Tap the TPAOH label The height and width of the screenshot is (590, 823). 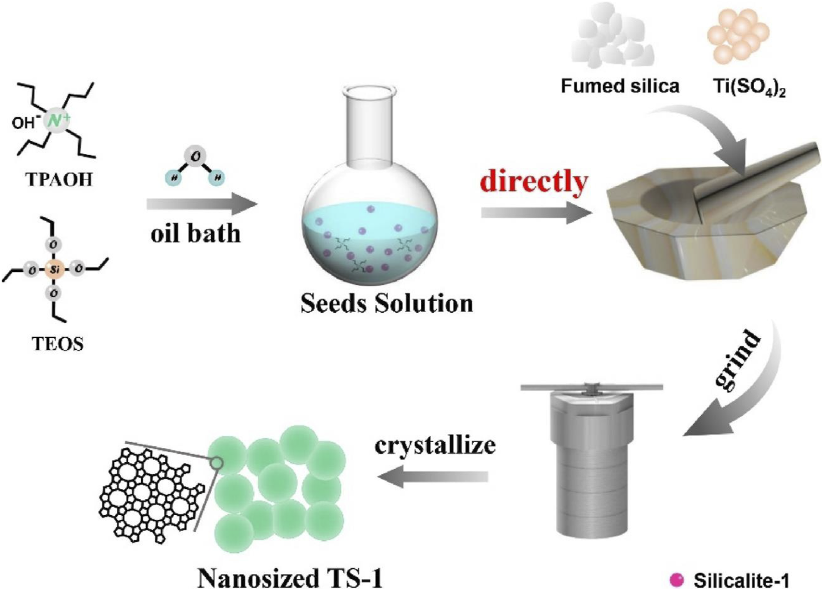coord(59,179)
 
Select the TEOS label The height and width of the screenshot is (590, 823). coord(58,344)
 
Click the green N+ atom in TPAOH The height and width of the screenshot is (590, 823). coord(56,121)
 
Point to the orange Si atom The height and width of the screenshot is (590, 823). coord(54,269)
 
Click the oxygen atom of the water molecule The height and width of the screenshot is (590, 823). coord(195,157)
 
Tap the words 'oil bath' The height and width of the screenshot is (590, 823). coord(196,233)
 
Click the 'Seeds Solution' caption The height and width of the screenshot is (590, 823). coord(386,303)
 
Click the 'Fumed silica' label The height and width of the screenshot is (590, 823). coord(620,86)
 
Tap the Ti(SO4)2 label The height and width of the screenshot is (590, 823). coord(749,87)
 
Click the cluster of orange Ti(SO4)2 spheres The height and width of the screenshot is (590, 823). coord(738,35)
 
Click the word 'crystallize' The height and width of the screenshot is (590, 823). coord(435,445)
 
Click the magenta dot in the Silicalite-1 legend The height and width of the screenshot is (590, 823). coord(677,580)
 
